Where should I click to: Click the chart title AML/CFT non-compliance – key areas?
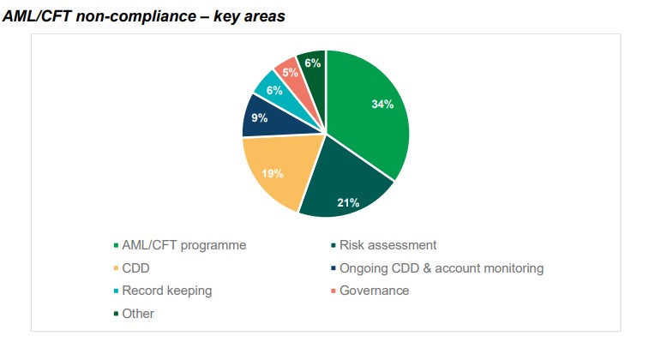pyautogui.click(x=144, y=17)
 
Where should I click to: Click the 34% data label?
pyautogui.click(x=382, y=105)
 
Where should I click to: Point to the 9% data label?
pyautogui.click(x=259, y=118)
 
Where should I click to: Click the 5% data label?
pyautogui.click(x=290, y=73)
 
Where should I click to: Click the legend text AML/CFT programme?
pyautogui.click(x=183, y=244)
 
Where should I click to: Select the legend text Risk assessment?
pyautogui.click(x=388, y=244)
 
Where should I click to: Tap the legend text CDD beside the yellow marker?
pyautogui.click(x=135, y=268)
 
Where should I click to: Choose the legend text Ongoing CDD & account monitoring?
pyautogui.click(x=442, y=268)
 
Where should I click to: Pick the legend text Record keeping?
pyautogui.click(x=166, y=291)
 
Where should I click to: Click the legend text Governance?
pyautogui.click(x=374, y=291)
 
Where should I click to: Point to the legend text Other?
pyautogui.click(x=138, y=314)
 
